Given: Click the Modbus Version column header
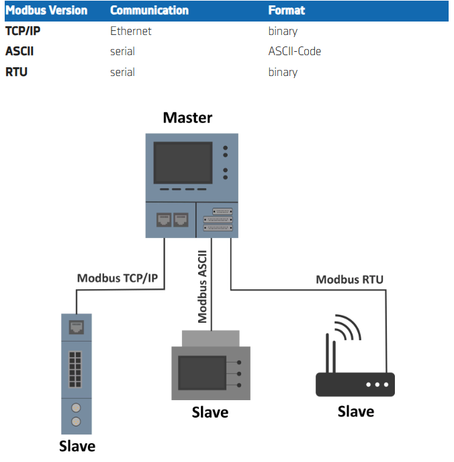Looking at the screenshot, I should (x=46, y=11).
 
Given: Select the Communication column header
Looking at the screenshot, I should (x=149, y=11).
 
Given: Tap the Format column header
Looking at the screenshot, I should (x=286, y=11).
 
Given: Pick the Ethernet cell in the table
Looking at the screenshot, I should (x=131, y=31).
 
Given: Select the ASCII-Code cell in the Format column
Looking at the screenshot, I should (x=294, y=51).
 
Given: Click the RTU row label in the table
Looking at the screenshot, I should (x=16, y=72).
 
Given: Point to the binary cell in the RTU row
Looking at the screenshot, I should (x=283, y=72).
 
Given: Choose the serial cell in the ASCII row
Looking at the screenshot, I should (x=122, y=51).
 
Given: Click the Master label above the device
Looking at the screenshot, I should (x=187, y=118).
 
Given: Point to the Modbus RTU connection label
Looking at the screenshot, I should (x=349, y=279).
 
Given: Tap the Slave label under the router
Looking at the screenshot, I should (x=355, y=411).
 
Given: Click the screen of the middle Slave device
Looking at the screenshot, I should (x=201, y=371).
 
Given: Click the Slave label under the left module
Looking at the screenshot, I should (x=77, y=446).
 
